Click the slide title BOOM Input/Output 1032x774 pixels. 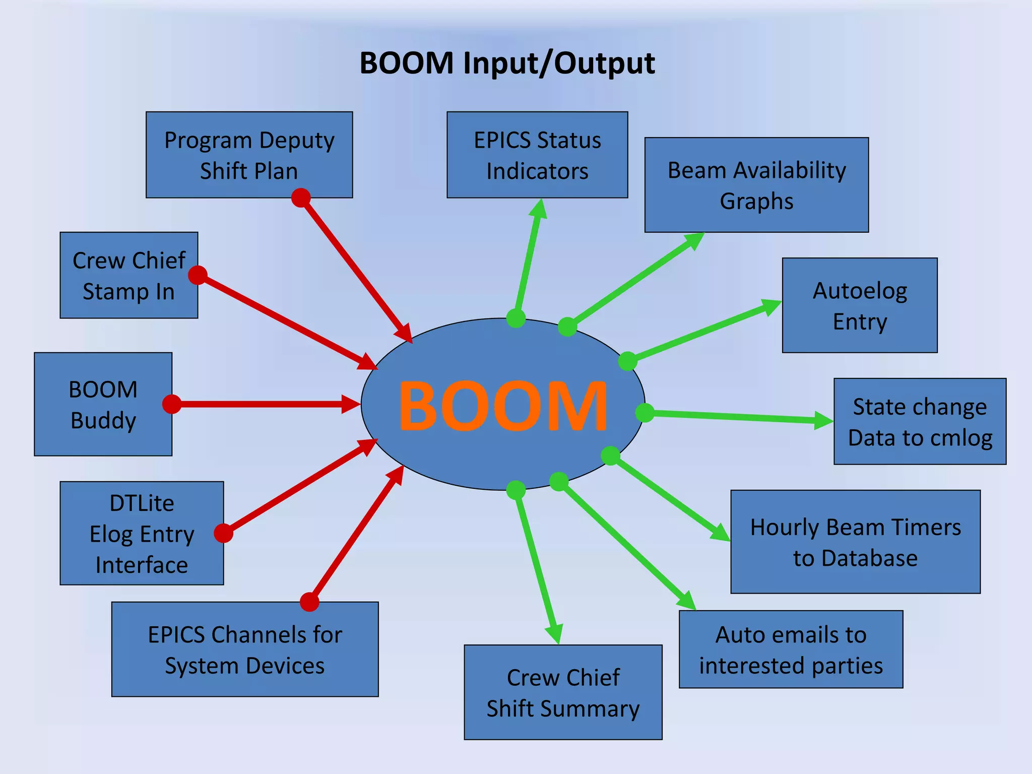(x=507, y=63)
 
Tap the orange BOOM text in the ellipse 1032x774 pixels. (x=503, y=406)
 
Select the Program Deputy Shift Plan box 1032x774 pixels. (x=249, y=155)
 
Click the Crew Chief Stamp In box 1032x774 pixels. (x=128, y=275)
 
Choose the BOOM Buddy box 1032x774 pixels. (x=103, y=404)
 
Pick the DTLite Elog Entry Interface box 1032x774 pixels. (x=142, y=533)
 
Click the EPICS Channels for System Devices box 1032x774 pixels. (x=245, y=650)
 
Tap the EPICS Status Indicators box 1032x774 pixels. (x=537, y=155)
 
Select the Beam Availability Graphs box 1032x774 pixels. (x=756, y=185)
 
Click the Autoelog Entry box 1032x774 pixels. (x=860, y=305)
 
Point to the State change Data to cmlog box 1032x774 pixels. (x=920, y=421)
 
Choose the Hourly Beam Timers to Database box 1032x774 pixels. (x=855, y=542)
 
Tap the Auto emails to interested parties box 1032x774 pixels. (x=791, y=650)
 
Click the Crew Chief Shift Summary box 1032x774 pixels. (x=563, y=692)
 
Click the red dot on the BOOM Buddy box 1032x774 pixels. (x=172, y=404)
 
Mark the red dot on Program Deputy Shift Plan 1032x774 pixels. (x=301, y=198)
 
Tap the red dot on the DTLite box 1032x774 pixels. (x=223, y=533)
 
